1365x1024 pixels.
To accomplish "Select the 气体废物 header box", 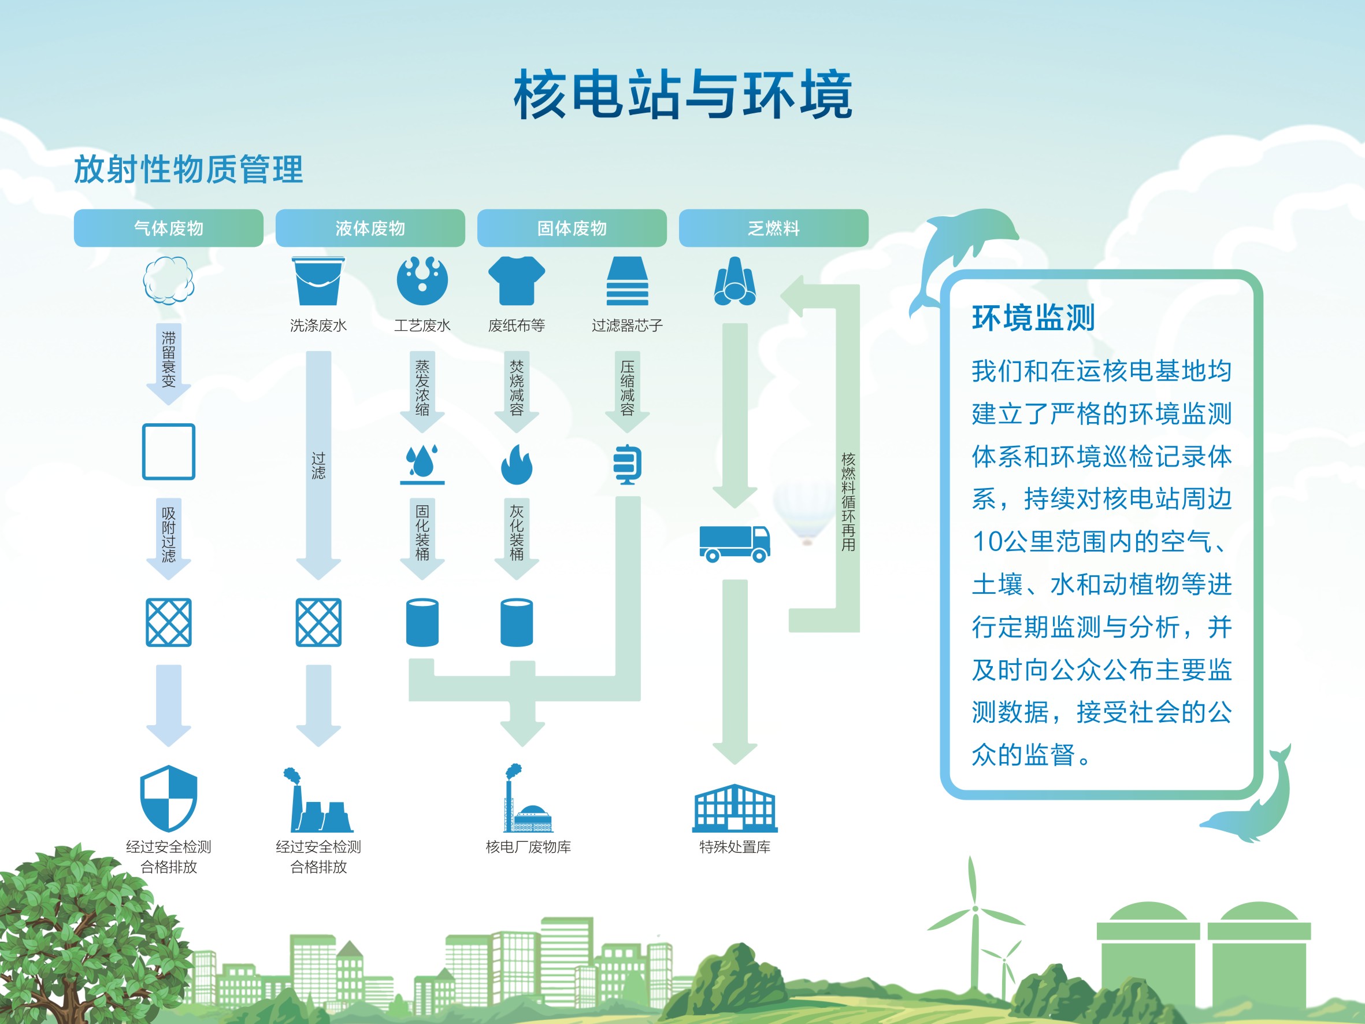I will pos(169,228).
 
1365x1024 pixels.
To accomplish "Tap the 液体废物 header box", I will pos(370,228).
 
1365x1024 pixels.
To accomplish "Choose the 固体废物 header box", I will pos(572,228).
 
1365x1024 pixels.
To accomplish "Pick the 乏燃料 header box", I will pos(773,228).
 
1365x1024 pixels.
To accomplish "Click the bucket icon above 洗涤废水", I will pos(318,281).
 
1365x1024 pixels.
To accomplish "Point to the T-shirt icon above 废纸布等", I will pos(517,281).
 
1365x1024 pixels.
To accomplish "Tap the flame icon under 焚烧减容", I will pos(517,464).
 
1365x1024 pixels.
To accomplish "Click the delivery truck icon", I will pos(735,543).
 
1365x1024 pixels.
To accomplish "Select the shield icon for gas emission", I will pos(169,797).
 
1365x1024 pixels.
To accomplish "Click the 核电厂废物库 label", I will pos(528,847).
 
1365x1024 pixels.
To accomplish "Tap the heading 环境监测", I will pos(1033,318).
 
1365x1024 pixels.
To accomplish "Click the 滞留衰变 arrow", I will pos(169,361).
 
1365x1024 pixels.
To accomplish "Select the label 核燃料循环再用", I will pos(848,501).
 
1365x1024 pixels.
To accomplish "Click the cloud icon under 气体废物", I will pos(169,281).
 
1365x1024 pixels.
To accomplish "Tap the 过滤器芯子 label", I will pos(627,326).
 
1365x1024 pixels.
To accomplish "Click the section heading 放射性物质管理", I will pos(188,170).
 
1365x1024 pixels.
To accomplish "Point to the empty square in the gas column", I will pos(169,452).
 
